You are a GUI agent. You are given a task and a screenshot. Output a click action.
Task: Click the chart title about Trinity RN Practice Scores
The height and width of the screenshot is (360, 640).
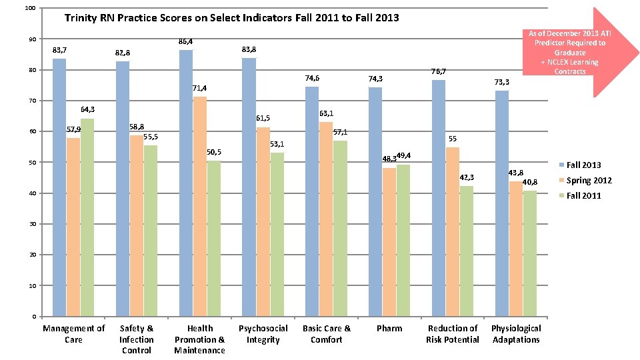pos(231,18)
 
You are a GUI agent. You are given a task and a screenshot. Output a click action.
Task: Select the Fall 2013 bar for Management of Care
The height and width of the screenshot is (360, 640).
pos(59,187)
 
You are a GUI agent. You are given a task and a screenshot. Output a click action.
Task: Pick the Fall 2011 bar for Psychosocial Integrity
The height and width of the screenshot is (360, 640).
pos(277,234)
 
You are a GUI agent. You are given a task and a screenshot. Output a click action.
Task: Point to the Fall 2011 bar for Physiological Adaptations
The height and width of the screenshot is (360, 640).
pos(529,253)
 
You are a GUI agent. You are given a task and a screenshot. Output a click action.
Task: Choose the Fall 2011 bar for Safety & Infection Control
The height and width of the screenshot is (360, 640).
pos(150,231)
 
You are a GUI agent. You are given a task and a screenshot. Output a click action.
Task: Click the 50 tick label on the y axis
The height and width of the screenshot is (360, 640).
pos(31,163)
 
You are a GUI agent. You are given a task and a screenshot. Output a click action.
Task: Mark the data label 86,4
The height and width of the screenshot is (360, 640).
pos(185,42)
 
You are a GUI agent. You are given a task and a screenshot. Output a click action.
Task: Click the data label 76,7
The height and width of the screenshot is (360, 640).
pos(438,71)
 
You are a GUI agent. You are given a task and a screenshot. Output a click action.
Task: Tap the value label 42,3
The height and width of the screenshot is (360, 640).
pos(467,177)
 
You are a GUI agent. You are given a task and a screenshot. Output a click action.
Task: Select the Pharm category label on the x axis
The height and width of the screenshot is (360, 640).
pos(389,328)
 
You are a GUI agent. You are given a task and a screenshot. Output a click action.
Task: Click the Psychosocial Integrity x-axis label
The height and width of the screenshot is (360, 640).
pos(263,334)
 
